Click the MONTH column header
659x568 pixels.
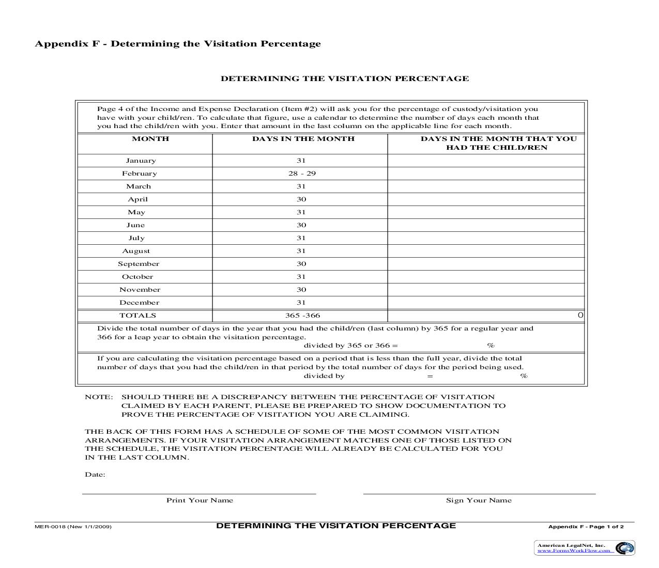(x=150, y=139)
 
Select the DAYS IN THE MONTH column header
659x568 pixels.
(x=303, y=139)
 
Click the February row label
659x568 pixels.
(x=139, y=173)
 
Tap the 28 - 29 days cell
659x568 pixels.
(x=302, y=173)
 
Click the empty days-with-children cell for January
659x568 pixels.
(x=485, y=161)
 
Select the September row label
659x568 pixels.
(x=139, y=264)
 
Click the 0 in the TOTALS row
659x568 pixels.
(x=580, y=315)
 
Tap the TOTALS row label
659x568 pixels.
(x=137, y=315)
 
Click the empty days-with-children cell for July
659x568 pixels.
(x=485, y=238)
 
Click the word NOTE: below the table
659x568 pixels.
(x=98, y=397)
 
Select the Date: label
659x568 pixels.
(x=95, y=475)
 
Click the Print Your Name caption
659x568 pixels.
(x=200, y=500)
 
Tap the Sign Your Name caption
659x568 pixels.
(x=479, y=500)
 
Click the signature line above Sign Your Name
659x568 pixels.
(x=479, y=494)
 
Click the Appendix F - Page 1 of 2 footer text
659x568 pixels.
(x=586, y=527)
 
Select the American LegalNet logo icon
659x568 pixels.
(x=625, y=548)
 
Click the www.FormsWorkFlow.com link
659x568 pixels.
(x=574, y=551)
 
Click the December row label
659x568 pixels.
(x=139, y=303)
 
